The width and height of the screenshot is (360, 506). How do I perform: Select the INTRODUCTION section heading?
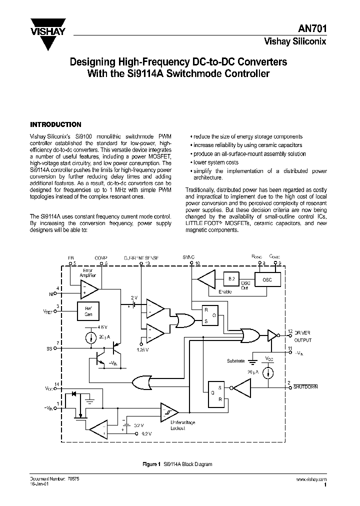coord(55,124)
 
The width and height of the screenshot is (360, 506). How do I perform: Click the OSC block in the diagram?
coord(267,279)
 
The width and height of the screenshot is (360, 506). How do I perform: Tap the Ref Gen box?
coord(88,310)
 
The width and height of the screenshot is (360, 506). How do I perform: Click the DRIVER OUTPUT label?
coord(301,336)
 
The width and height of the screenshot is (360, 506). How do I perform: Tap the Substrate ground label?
coord(236,360)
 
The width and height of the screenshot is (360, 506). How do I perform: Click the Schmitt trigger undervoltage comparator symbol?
coord(168,412)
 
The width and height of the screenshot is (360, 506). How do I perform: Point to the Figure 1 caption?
coord(177,464)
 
